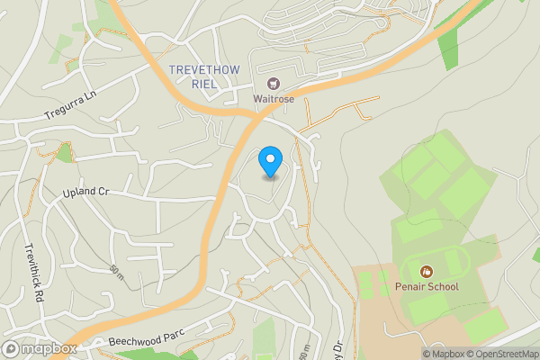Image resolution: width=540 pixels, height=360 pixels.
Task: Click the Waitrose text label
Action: pos(273,99)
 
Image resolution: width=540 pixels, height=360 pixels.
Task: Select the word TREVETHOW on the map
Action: pos(204,70)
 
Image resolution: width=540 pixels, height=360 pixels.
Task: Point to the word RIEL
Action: pos(204,84)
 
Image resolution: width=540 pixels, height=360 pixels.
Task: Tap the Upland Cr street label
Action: pos(85,193)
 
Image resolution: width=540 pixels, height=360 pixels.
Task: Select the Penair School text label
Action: pos(427,287)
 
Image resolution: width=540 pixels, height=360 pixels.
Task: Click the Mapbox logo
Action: pos(40,349)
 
